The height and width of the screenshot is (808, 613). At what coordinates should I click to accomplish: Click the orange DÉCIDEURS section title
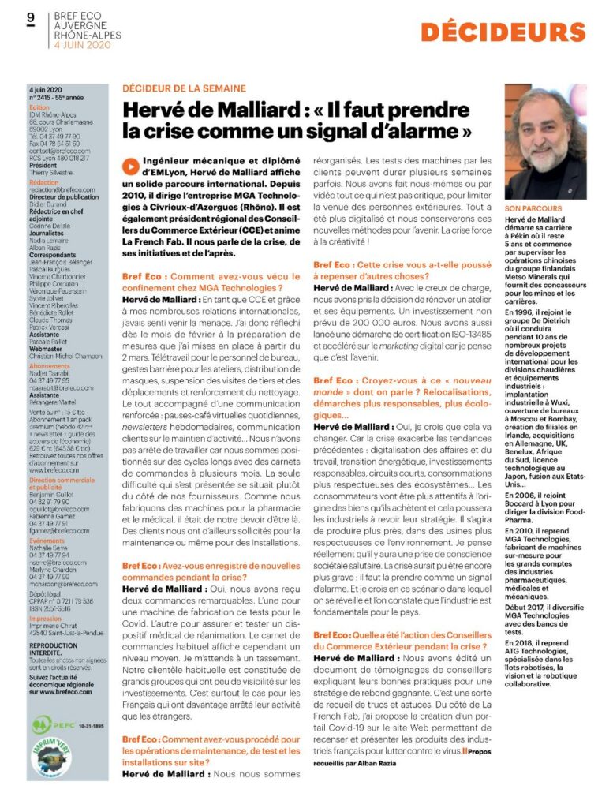coord(503,32)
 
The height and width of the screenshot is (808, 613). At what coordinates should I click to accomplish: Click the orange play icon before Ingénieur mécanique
coord(129,144)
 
